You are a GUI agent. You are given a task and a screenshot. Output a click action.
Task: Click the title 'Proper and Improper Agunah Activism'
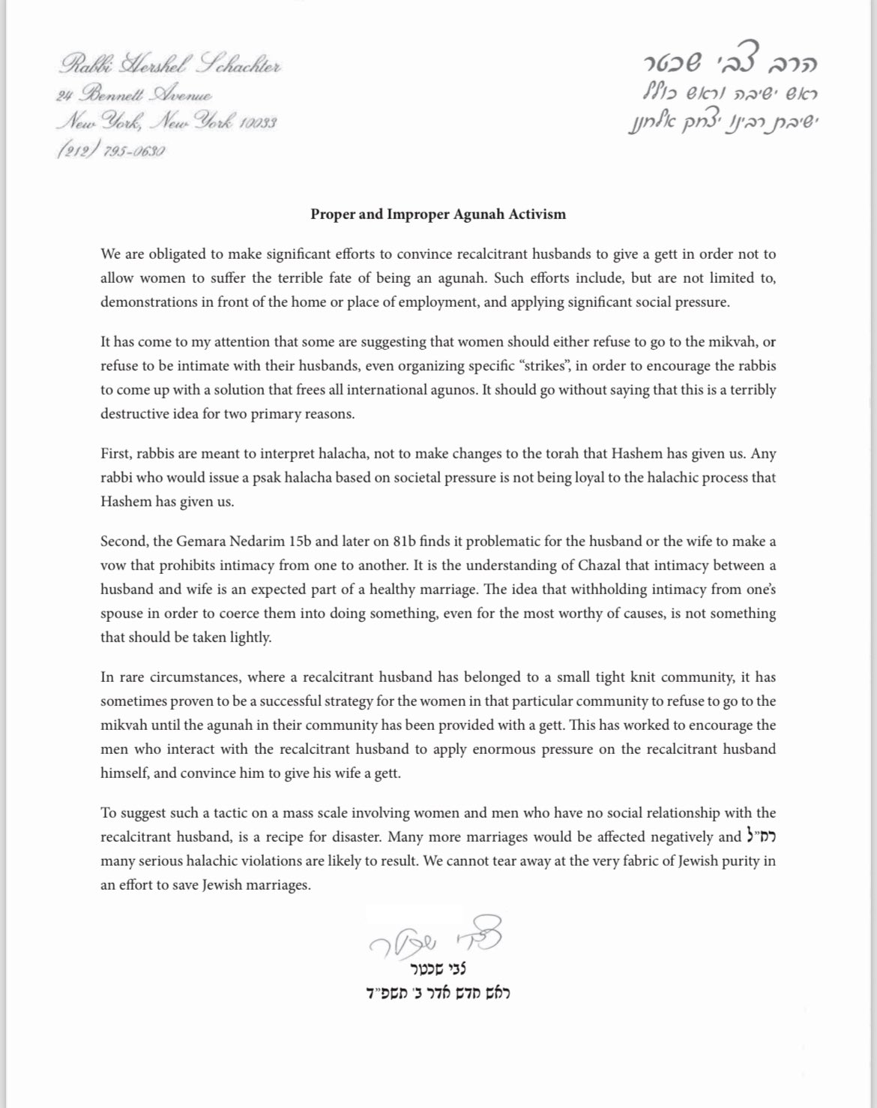pos(438,215)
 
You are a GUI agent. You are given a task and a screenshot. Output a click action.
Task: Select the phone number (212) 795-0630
pos(110,150)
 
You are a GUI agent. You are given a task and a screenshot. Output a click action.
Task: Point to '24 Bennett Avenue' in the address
pos(134,95)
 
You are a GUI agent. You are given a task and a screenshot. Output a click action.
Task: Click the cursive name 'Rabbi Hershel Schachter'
pos(169,68)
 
